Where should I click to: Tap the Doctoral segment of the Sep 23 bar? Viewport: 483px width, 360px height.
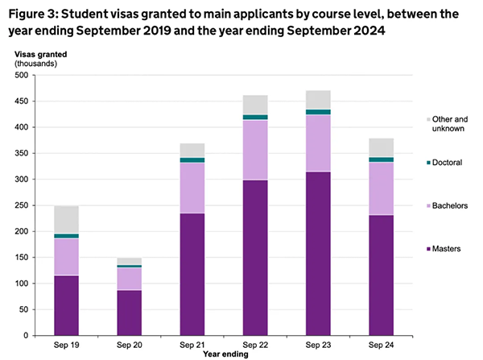[317, 112]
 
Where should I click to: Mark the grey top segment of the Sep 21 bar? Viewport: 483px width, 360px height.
[192, 150]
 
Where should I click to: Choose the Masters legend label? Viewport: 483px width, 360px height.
[447, 250]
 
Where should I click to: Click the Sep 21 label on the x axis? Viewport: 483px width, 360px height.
[192, 345]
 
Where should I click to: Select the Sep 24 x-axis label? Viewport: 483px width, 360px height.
[381, 345]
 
